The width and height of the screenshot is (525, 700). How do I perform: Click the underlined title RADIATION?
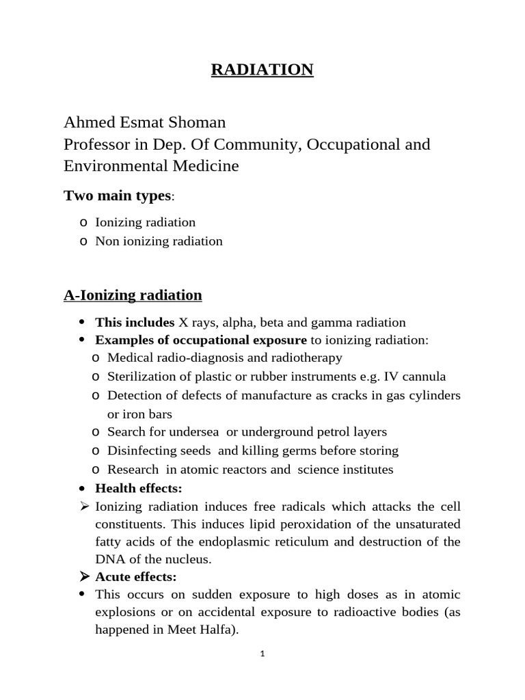click(x=262, y=70)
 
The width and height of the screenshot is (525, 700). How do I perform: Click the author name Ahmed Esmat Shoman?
click(x=144, y=122)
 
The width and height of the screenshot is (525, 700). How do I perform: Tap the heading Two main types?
click(x=117, y=196)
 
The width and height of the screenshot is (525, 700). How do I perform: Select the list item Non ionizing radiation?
click(x=159, y=241)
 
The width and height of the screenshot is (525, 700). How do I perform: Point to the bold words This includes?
click(x=135, y=322)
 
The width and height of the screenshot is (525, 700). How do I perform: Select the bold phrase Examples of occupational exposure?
click(x=201, y=340)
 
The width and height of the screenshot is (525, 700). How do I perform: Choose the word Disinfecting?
click(x=141, y=450)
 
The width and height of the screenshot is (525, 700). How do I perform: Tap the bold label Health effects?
click(x=139, y=488)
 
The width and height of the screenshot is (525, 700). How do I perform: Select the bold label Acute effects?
click(x=136, y=577)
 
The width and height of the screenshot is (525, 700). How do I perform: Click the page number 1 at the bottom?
click(x=262, y=654)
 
